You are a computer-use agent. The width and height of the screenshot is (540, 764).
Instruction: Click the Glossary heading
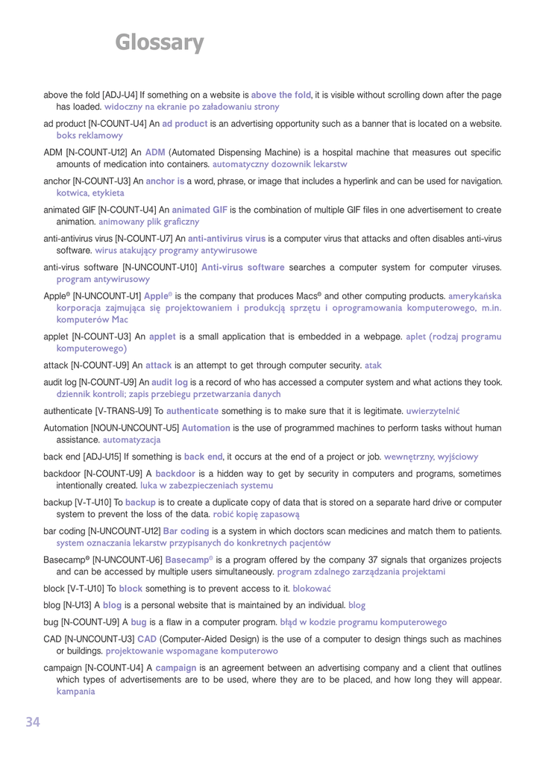tap(160, 43)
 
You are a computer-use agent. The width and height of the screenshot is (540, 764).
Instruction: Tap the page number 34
tap(33, 721)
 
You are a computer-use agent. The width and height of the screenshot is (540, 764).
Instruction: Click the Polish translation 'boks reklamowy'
tap(90, 136)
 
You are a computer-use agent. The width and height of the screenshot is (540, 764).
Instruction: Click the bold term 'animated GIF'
tap(199, 210)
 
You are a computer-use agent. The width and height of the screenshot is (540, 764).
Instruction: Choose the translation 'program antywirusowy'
tap(103, 279)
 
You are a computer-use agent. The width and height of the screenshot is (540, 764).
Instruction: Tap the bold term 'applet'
tap(162, 336)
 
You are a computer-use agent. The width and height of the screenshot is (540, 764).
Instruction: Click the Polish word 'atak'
tap(373, 366)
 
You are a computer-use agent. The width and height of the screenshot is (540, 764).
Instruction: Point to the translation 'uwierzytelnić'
tap(433, 411)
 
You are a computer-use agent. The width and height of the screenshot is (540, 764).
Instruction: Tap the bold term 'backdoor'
tap(175, 474)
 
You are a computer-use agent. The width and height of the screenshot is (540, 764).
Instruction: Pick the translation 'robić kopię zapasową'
tap(256, 514)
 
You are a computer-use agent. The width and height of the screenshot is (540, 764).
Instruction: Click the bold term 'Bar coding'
tap(186, 531)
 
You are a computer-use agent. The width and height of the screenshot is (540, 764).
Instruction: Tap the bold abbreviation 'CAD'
tap(146, 639)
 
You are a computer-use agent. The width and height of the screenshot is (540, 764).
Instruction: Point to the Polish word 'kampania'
tap(76, 692)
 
